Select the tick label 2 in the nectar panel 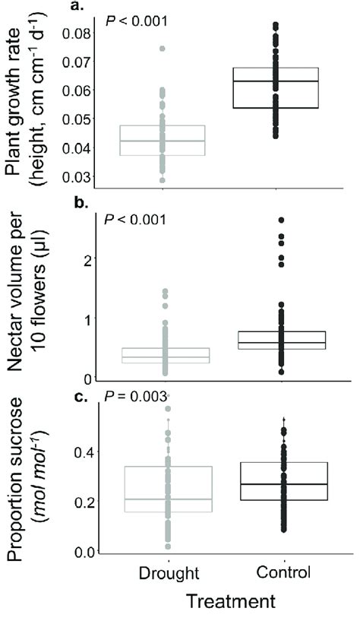(90, 259)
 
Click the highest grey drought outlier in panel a (163, 49)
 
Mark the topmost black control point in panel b (281, 220)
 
